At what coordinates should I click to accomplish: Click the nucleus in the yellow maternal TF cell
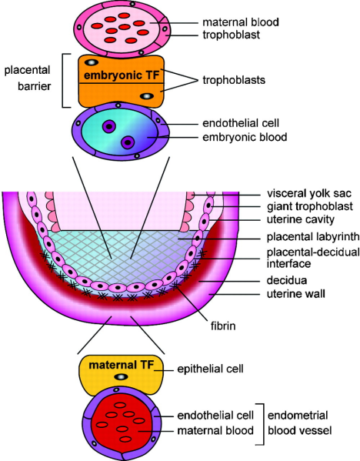point(120,378)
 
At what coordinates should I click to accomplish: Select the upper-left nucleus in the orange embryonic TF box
point(92,62)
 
